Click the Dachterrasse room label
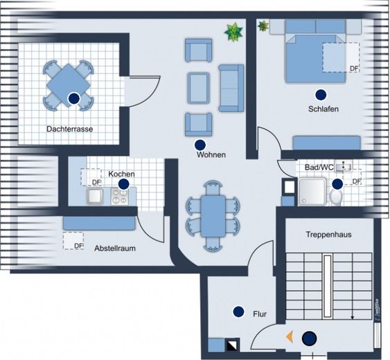70,129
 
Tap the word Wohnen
211,154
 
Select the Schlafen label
323,109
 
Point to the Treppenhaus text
328,235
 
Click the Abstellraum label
115,248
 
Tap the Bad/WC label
319,168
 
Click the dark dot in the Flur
238,312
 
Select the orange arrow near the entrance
290,337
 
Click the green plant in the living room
233,32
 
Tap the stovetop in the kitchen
120,197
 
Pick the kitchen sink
95,197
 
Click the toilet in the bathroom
336,197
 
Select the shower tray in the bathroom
312,192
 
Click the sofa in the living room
231,88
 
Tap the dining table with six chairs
213,216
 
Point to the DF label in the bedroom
354,69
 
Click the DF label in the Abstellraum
78,246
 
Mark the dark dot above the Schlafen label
321,95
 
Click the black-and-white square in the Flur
232,345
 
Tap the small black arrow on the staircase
352,317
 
